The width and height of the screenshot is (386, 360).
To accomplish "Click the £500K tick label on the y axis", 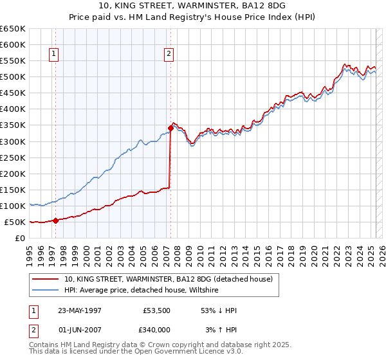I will (13, 76).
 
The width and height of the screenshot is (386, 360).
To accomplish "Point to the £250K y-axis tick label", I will (13, 157).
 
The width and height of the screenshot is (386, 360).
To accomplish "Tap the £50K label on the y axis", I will (15, 222).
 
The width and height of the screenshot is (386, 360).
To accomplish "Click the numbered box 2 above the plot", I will (169, 55).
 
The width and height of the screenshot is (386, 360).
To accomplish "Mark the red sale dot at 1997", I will (55, 221).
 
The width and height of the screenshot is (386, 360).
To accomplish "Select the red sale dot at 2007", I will (170, 128).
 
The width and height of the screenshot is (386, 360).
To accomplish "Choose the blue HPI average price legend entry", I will (141, 291).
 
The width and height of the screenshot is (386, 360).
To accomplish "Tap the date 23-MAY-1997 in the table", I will (80, 310).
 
